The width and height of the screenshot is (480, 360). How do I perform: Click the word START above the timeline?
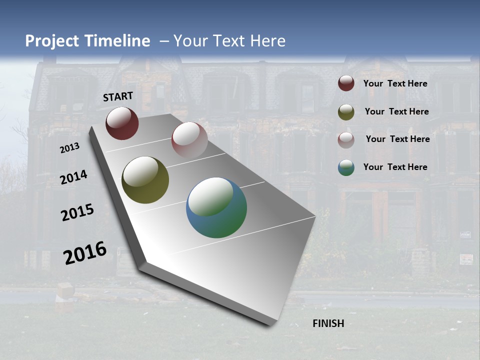point(118,96)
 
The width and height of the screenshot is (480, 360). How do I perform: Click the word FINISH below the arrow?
point(328,323)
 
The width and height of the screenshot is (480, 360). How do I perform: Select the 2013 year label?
point(69,148)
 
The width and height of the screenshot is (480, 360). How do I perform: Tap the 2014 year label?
point(74,177)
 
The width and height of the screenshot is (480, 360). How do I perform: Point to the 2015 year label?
point(77,213)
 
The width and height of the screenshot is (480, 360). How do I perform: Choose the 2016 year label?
point(85,253)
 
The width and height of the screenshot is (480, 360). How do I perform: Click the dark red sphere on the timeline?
point(122,123)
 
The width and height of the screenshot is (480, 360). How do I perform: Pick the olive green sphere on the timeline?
point(145,180)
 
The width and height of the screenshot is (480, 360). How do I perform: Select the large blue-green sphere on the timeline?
point(216,207)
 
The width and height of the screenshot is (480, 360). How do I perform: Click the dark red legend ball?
point(346,83)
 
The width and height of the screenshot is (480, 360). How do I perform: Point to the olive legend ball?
point(346,112)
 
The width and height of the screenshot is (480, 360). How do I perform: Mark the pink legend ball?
point(346,140)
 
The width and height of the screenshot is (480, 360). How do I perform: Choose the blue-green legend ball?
point(346,167)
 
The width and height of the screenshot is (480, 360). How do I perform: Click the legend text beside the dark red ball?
point(395,83)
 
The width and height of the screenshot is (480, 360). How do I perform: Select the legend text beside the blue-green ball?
point(395,167)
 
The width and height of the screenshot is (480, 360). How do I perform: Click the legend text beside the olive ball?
point(396,111)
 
